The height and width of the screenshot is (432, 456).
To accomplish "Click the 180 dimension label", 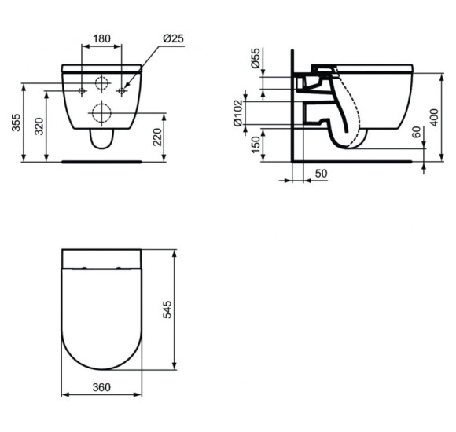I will [101, 37].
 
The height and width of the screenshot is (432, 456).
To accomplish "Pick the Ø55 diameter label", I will [256, 59].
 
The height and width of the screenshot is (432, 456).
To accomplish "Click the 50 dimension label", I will [321, 173].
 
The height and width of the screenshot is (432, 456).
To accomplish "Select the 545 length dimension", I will [167, 310].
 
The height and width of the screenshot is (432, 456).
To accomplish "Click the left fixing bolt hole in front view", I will [82, 92].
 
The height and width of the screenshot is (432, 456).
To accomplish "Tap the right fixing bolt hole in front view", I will [121, 92].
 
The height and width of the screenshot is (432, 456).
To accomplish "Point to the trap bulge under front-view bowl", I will [101, 140].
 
